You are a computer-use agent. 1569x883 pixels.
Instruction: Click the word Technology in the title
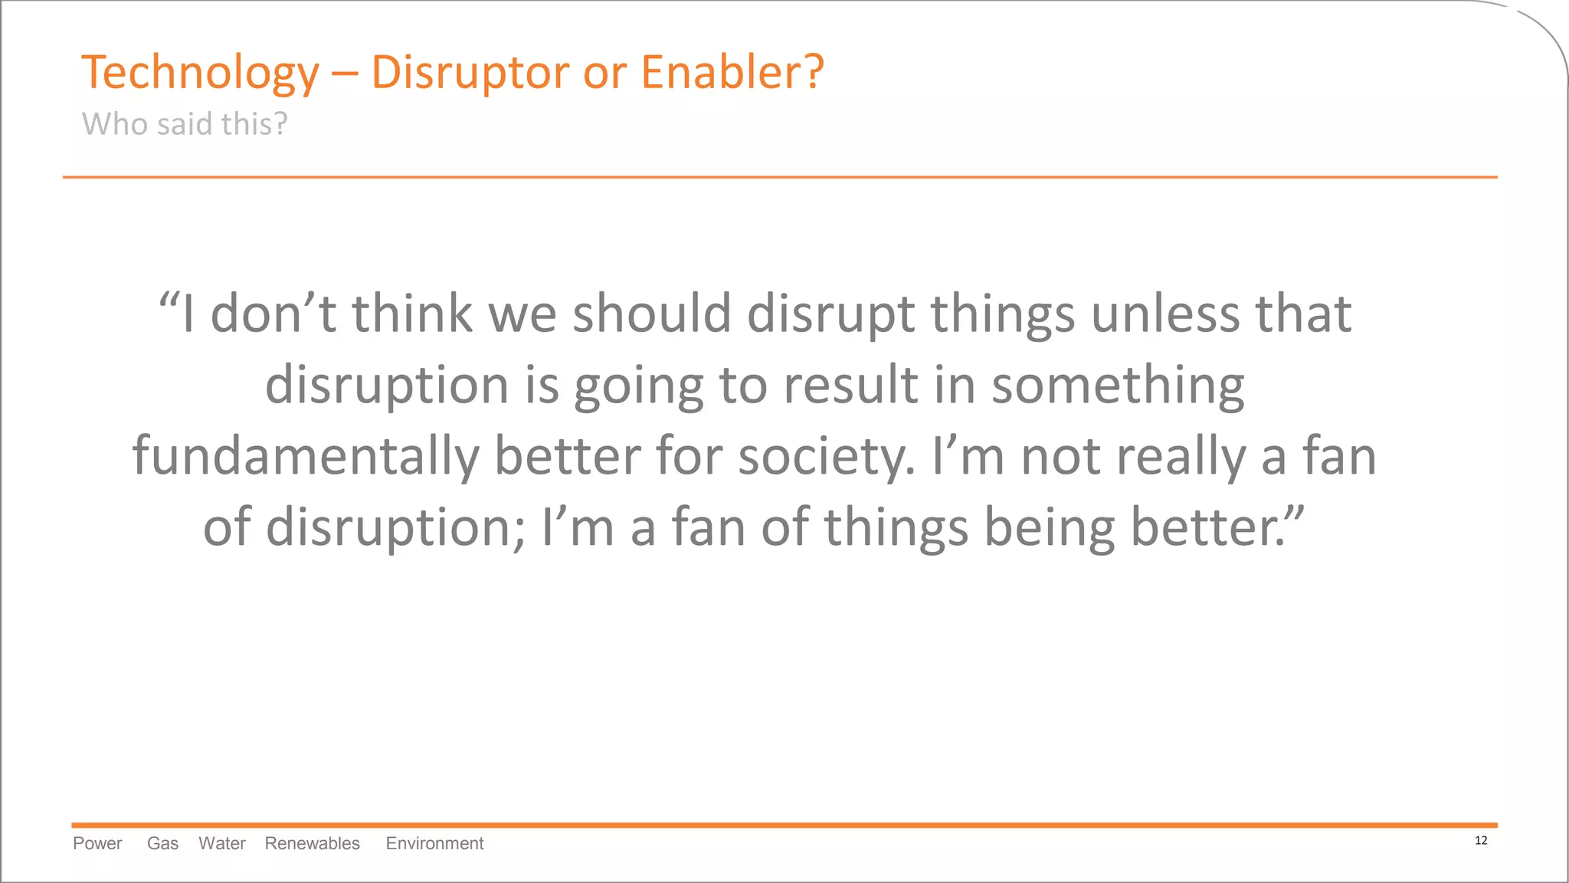click(x=200, y=73)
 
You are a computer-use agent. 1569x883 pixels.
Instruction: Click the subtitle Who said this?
click(x=185, y=124)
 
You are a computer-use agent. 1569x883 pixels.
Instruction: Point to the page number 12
click(x=1480, y=841)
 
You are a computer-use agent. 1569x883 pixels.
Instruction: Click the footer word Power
click(x=97, y=843)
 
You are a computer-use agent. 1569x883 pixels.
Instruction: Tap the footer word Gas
click(x=162, y=843)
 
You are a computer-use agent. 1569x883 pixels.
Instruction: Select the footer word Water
click(x=222, y=843)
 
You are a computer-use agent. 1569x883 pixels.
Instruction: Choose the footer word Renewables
click(x=312, y=843)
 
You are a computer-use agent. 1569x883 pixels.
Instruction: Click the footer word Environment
click(x=434, y=843)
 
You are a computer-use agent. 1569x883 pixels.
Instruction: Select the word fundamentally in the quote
click(x=305, y=457)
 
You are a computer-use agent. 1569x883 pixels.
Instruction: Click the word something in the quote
click(x=1118, y=385)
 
